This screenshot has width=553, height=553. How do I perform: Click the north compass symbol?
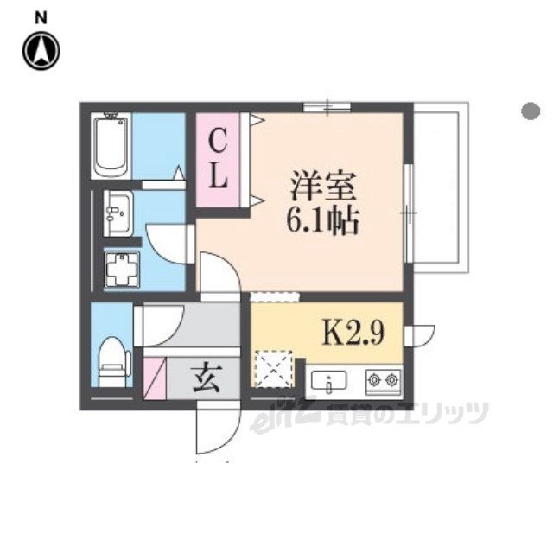click(x=41, y=51)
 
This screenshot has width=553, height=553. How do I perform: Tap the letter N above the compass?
click(x=41, y=17)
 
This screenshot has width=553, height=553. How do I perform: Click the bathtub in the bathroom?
click(x=111, y=145)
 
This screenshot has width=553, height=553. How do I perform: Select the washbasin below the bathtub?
click(x=118, y=213)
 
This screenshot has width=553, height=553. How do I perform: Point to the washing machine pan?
click(x=122, y=270)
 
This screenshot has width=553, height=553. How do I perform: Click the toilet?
click(x=111, y=361)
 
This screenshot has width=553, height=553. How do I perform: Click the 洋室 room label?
click(x=322, y=186)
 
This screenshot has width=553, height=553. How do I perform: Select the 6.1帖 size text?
click(x=322, y=221)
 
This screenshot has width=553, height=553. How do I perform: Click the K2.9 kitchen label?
click(x=353, y=334)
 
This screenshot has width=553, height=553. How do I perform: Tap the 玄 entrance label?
click(x=207, y=378)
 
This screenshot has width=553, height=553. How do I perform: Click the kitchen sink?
click(x=328, y=381)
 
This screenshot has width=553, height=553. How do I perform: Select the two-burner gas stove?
click(x=384, y=381)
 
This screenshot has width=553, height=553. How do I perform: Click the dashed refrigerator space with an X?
click(x=274, y=369)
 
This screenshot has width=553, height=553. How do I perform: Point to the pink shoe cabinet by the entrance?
click(x=155, y=378)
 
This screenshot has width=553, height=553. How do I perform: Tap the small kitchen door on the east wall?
click(x=419, y=337)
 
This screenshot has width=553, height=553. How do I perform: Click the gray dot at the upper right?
click(x=531, y=111)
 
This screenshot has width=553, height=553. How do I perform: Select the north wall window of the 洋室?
click(x=327, y=107)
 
